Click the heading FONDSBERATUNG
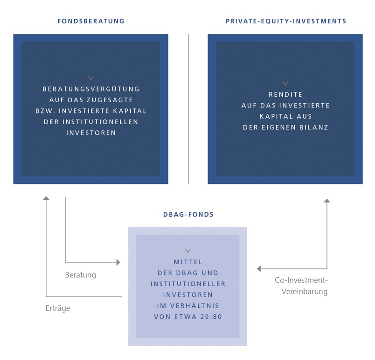[91, 21]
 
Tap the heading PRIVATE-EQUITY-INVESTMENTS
[286, 21]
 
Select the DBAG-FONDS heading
[188, 214]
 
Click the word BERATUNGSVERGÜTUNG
[91, 89]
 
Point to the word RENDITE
[285, 94]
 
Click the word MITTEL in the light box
[188, 262]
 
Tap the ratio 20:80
[211, 317]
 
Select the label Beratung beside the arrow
[81, 275]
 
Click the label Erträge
[58, 308]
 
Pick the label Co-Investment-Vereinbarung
[301, 286]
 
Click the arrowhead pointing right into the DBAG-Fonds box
[118, 262]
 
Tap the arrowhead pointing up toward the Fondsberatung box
[46, 198]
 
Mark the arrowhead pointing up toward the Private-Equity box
[327, 201]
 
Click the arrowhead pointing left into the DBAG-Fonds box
[259, 269]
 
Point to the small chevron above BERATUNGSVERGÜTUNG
[91, 78]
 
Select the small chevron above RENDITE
[285, 83]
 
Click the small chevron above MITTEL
[188, 251]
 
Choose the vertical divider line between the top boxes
[188, 109]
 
